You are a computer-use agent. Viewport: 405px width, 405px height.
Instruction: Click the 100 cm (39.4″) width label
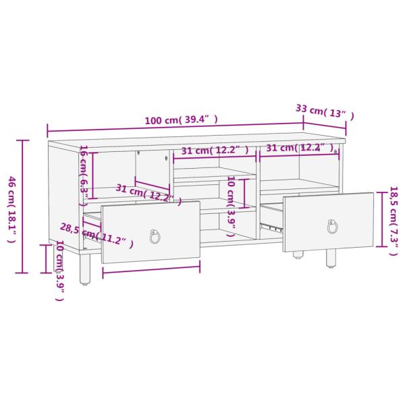coord(181,120)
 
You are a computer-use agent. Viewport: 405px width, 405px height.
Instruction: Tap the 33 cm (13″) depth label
coord(325,111)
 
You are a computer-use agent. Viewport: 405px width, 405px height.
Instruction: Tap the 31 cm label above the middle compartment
coord(215,150)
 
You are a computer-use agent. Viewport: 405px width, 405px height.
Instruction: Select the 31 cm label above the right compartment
coord(299,148)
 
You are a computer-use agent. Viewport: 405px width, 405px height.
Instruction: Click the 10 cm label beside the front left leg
coord(59,269)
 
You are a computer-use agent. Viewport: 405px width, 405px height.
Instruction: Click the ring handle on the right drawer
coord(332,226)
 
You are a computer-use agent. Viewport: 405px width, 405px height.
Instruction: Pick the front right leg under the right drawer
coord(331,257)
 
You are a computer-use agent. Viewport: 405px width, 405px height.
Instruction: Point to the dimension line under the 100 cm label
coord(175,126)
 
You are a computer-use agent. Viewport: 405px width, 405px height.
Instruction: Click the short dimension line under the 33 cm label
coord(324,124)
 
